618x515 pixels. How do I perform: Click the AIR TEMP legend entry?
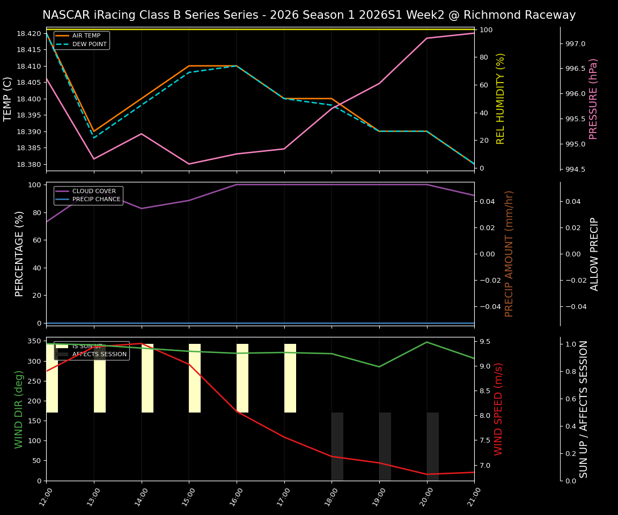pyautogui.click(x=86, y=36)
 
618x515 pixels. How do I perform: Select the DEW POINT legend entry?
pyautogui.click(x=89, y=44)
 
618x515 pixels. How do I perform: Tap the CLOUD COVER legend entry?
pyautogui.click(x=93, y=191)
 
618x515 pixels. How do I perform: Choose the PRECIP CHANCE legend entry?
pyautogui.click(x=96, y=200)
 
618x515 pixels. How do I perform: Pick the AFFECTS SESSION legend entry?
pyautogui.click(x=99, y=355)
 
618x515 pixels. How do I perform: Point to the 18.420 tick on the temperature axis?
pyautogui.click(x=28, y=33)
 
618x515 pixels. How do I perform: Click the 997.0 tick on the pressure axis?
pyautogui.click(x=574, y=43)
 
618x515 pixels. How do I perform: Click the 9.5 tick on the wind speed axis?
pyautogui.click(x=484, y=342)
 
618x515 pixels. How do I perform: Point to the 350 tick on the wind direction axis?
pyautogui.click(x=34, y=341)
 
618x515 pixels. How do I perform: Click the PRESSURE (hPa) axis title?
pyautogui.click(x=593, y=99)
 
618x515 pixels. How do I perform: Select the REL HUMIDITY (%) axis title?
pyautogui.click(x=501, y=99)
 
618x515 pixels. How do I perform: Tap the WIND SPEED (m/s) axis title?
pyautogui.click(x=499, y=409)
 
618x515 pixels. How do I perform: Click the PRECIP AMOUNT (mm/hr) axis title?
pyautogui.click(x=509, y=254)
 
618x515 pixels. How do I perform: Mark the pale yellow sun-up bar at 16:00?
pyautogui.click(x=242, y=378)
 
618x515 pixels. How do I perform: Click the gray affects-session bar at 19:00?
pyautogui.click(x=385, y=446)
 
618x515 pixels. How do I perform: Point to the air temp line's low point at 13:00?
pyautogui.click(x=94, y=131)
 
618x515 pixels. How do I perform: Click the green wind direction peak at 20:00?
pyautogui.click(x=427, y=342)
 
